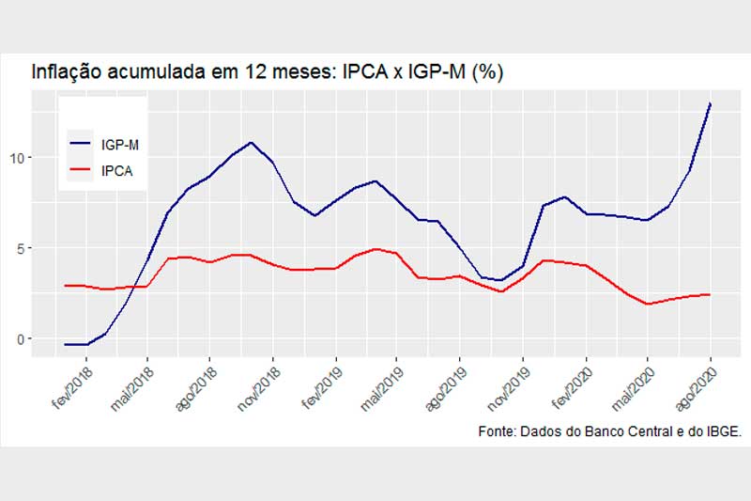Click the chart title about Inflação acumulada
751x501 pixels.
coord(268,72)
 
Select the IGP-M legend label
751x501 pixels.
coord(121,145)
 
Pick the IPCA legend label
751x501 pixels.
coord(117,171)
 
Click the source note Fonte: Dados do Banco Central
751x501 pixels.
coord(609,431)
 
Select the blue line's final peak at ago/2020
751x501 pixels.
coord(710,103)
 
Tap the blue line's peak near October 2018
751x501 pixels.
coord(251,143)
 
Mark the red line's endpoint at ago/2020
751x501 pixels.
coord(710,294)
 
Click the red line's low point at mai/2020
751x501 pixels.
coord(648,304)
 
